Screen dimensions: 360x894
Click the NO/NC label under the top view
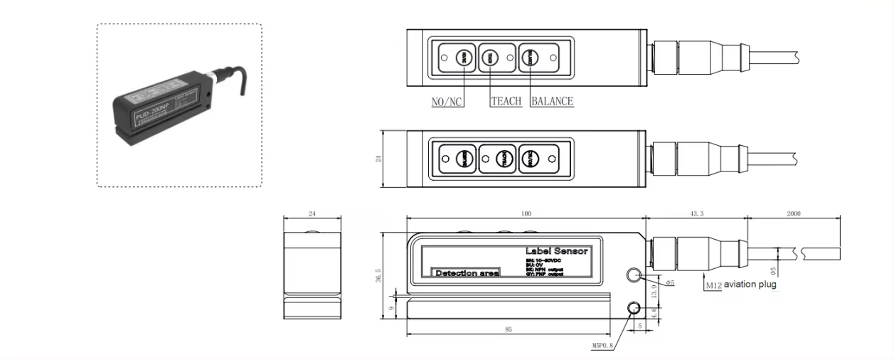447,101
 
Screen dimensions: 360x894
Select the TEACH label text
506,101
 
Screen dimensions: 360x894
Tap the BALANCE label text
552,101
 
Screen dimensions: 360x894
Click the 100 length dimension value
526,213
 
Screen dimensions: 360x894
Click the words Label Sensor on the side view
556,251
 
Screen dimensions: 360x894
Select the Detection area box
467,273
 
